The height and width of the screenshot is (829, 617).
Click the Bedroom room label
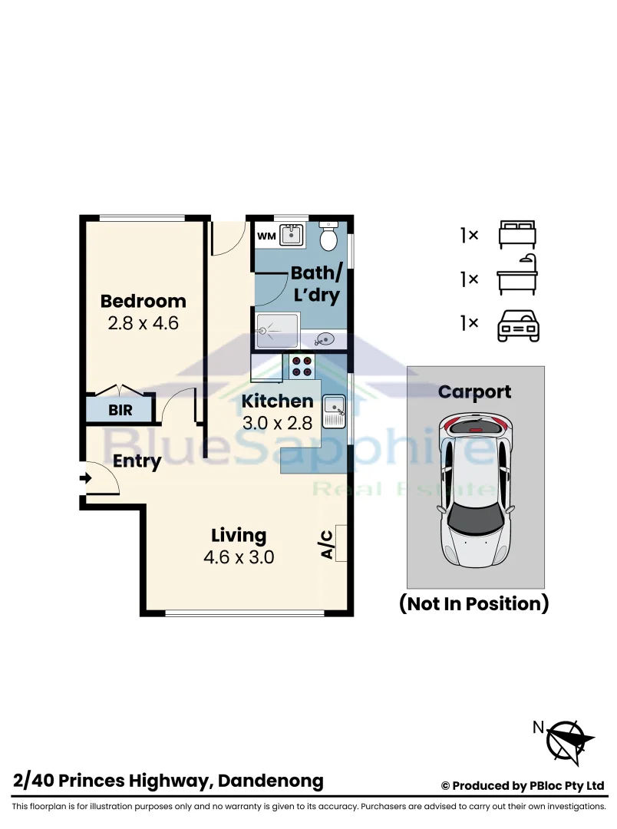(144, 301)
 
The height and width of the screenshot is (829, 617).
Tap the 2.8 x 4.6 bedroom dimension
(144, 323)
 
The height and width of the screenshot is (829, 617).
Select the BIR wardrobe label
(120, 410)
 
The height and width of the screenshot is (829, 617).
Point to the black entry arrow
(85, 478)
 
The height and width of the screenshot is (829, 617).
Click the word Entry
(137, 461)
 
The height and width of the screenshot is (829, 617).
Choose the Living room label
(239, 536)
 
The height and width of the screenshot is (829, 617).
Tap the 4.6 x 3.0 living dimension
(239, 557)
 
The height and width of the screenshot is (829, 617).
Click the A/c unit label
(327, 544)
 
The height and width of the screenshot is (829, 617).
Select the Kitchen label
(278, 401)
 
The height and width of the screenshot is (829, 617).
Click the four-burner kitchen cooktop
(302, 367)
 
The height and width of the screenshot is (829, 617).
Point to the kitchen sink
(334, 411)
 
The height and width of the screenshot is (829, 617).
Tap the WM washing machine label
(266, 236)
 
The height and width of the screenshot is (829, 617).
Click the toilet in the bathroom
(329, 236)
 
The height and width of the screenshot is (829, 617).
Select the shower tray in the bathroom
(277, 330)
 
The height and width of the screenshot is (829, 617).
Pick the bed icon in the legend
(517, 234)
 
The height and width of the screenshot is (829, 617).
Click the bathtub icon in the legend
(517, 274)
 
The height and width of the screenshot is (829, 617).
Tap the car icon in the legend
(518, 325)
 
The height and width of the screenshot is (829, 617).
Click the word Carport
(475, 392)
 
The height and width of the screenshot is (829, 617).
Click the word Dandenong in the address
(271, 781)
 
